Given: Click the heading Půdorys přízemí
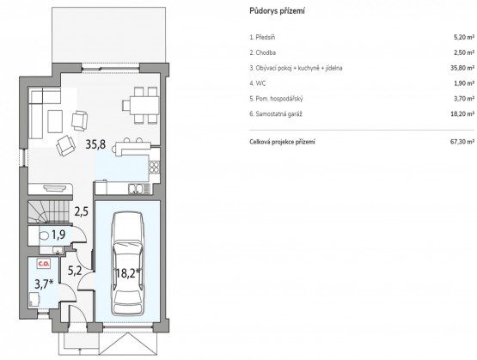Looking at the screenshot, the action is tap(277, 11).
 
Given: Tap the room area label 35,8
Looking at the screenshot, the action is tap(95, 144).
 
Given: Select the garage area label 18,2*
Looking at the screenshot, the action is tap(128, 273).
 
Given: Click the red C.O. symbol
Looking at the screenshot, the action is tap(44, 264).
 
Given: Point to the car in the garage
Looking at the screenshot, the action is tap(127, 264).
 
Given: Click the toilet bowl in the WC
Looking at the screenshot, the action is tap(45, 235).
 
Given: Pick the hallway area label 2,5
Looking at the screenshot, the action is tap(82, 211).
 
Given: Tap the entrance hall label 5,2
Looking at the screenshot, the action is tap(75, 271).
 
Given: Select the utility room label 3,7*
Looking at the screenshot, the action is tap(44, 284).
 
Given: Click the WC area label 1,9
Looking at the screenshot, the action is tap(58, 235).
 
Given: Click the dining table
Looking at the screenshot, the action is tap(141, 105).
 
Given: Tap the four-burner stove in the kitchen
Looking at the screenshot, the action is tap(154, 167).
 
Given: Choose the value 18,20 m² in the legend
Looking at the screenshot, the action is tap(462, 114).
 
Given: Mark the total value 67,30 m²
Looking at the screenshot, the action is tap(462, 142).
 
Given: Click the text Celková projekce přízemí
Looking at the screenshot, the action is tap(282, 142).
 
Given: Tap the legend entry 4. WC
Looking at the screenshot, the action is tap(258, 83).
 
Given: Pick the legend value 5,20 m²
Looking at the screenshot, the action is tap(464, 38).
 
